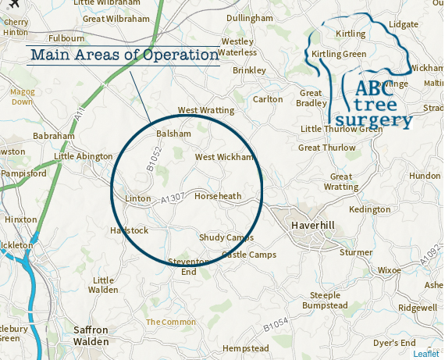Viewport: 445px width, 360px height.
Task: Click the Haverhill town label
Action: pos(312,225)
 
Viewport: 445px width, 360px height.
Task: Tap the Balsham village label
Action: pos(173,134)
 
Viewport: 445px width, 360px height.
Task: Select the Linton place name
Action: pos(137,198)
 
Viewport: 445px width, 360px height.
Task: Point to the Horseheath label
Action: pos(218,195)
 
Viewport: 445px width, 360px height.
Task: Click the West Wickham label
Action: pos(224,157)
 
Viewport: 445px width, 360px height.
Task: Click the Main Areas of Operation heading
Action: pos(123,55)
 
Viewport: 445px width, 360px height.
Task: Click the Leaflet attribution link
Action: pos(426,354)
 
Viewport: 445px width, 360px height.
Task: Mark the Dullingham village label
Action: pos(250,17)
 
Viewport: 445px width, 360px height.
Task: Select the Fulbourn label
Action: pos(66,37)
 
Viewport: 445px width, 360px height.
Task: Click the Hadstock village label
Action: pos(129,230)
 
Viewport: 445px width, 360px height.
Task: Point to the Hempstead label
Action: pos(245,348)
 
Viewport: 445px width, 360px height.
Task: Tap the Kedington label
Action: pos(370,209)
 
